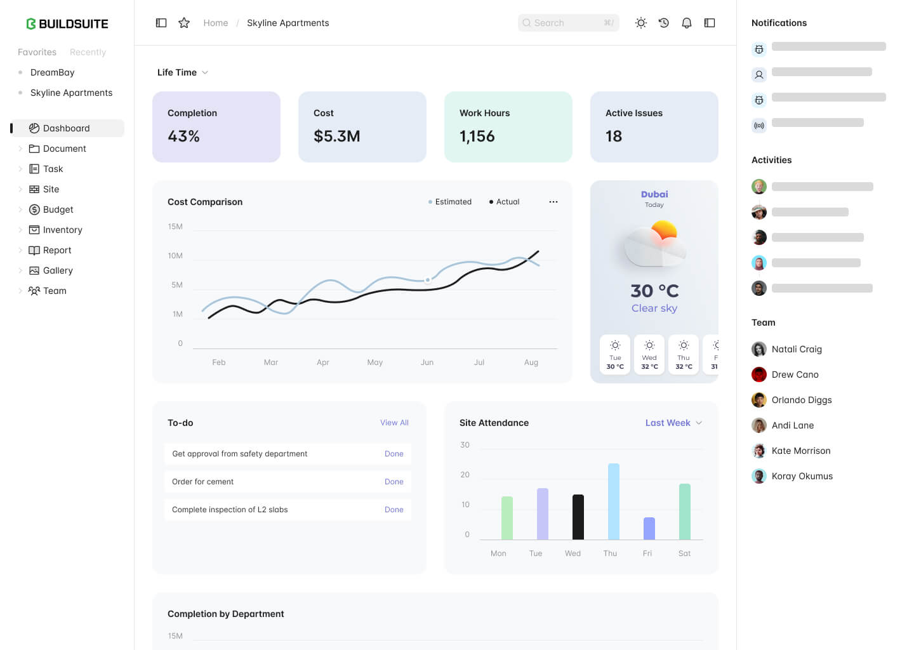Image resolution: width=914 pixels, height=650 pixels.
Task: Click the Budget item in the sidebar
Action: [58, 209]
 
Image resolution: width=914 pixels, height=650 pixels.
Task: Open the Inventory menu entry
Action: [62, 230]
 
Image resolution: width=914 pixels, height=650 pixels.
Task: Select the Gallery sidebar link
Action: [58, 270]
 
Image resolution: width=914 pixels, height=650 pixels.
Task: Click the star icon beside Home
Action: [184, 23]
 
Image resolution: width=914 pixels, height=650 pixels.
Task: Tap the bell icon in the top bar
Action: [686, 23]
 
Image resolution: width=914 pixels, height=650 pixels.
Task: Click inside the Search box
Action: [567, 23]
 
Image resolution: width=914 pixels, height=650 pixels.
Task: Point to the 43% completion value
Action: [183, 136]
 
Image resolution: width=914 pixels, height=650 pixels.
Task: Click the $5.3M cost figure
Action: [336, 136]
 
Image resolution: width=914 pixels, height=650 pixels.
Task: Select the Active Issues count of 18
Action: [613, 136]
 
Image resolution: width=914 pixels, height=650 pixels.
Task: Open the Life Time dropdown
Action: [183, 72]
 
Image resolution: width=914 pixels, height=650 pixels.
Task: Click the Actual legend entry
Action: [505, 202]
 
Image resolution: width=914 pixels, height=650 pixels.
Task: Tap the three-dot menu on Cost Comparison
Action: [553, 202]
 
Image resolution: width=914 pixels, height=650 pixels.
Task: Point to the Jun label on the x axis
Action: [427, 362]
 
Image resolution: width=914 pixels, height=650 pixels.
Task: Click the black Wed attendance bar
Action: [578, 517]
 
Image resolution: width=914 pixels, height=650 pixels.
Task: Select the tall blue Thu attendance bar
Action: [614, 501]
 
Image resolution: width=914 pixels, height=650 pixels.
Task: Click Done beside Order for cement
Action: [394, 482]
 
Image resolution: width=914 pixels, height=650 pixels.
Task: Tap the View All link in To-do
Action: [394, 423]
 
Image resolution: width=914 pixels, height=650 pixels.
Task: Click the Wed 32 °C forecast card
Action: [649, 355]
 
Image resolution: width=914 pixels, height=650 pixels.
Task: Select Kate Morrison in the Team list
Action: [800, 451]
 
